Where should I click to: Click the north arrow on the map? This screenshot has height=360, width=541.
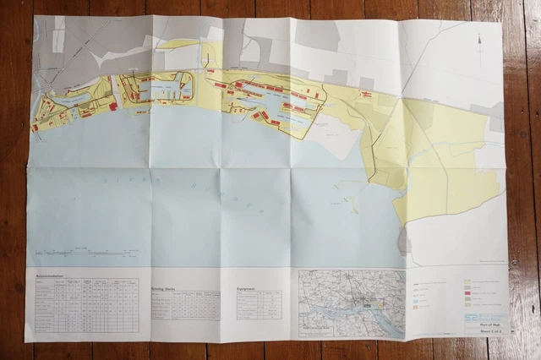tap(480, 40)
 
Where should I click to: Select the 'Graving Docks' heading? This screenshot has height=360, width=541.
tap(167, 287)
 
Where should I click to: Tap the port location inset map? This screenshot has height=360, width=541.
tap(352, 303)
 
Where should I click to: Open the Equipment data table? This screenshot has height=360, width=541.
tap(259, 304)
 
